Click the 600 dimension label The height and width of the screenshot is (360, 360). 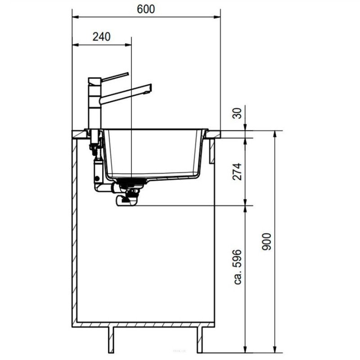(x=146, y=9)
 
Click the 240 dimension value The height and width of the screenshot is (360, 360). (x=102, y=37)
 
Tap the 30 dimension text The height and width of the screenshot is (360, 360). (x=238, y=113)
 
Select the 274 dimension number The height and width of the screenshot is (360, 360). (x=237, y=171)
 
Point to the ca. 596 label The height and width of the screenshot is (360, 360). (x=238, y=267)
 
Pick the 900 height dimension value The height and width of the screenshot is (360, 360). (x=266, y=242)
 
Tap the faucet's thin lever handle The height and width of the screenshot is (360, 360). (x=115, y=76)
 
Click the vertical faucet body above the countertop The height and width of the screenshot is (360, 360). (x=94, y=103)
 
